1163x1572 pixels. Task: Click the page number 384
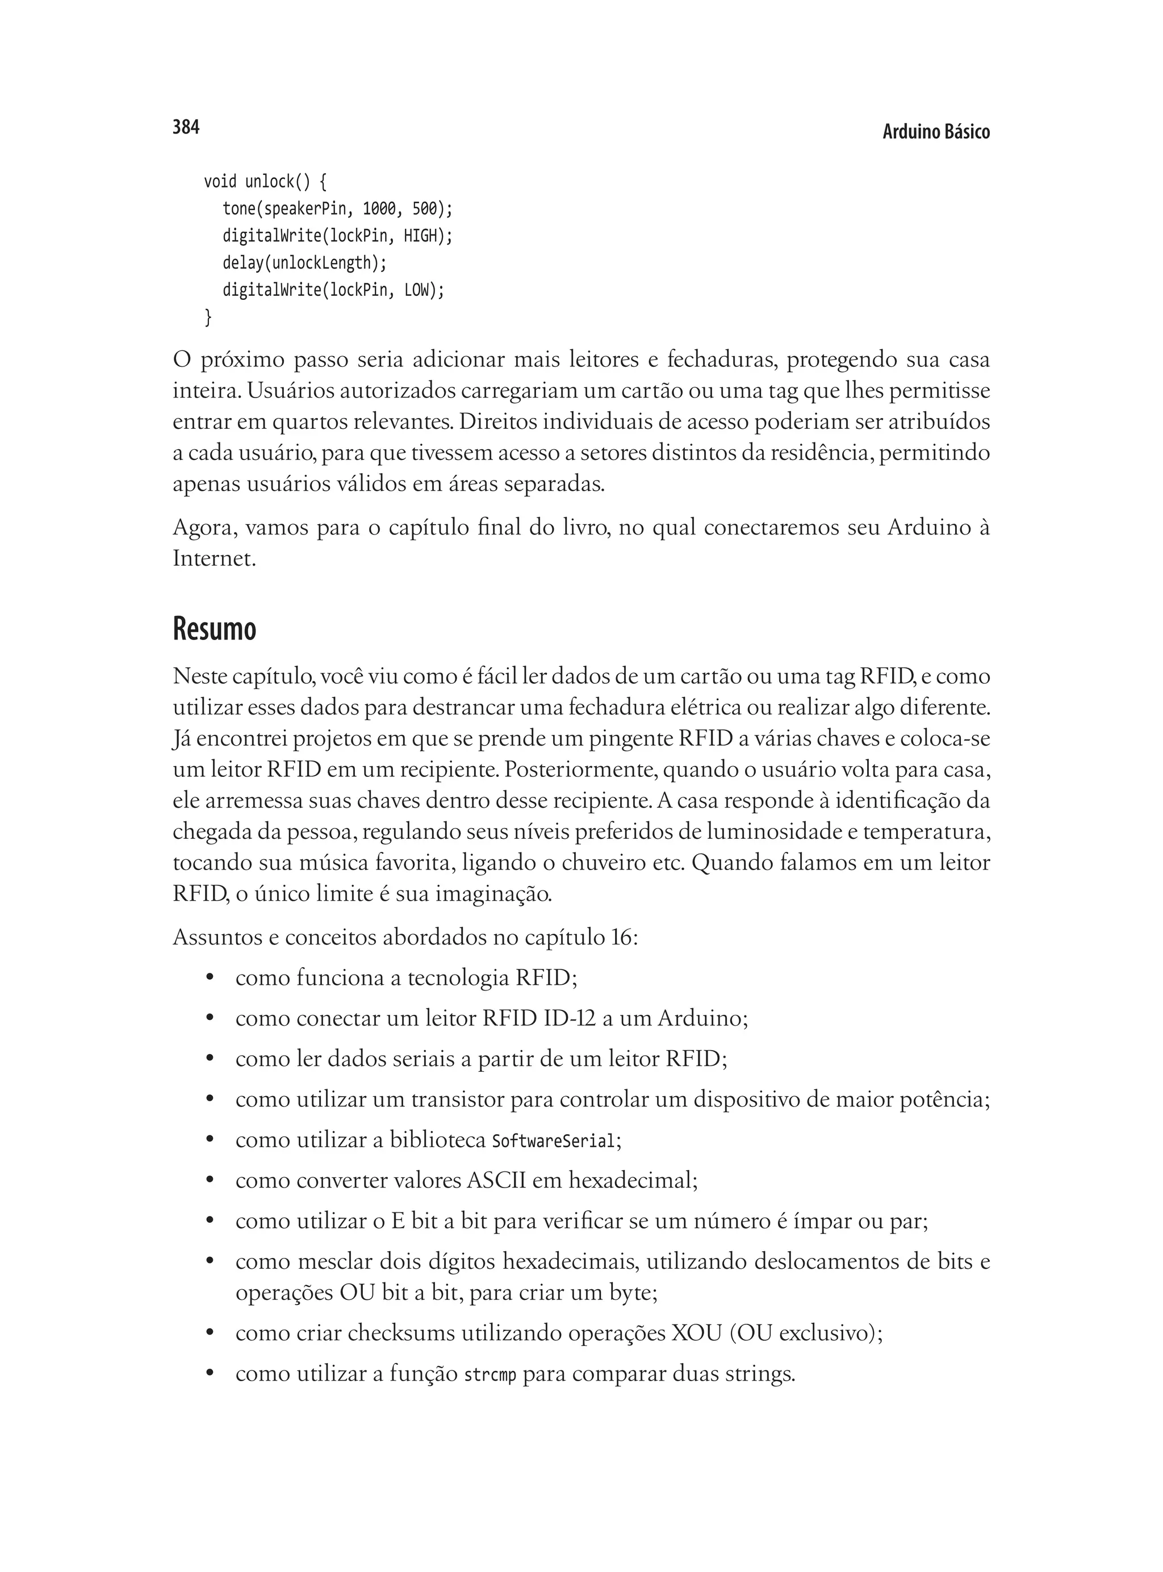click(x=186, y=127)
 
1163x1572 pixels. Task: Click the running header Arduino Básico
click(x=936, y=132)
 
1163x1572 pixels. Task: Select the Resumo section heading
click(x=214, y=629)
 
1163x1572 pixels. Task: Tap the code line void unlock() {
click(x=265, y=182)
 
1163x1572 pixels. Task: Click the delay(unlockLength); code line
click(x=305, y=264)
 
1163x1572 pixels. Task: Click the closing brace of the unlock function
click(x=208, y=317)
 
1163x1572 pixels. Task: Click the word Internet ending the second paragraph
click(x=211, y=559)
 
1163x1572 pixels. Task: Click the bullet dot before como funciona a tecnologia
click(x=209, y=979)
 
